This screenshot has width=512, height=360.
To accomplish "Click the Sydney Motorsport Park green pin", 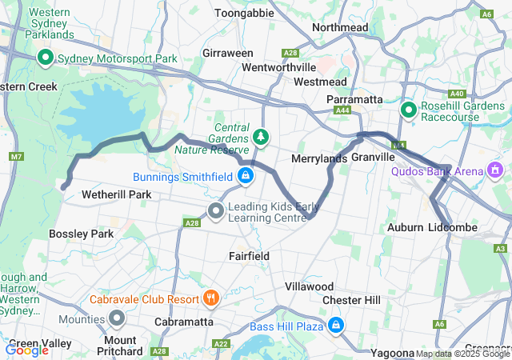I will pos(46,58).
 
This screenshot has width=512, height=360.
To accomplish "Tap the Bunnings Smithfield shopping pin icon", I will pos(246,175).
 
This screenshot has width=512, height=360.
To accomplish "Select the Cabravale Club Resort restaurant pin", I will pos(211,298).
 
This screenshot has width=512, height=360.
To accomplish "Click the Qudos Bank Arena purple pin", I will pos(495,170).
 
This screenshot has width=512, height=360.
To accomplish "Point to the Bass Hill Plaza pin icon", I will pos(336,325).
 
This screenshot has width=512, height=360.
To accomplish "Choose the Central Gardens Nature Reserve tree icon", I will pos(261,137).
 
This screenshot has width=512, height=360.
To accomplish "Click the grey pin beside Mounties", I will pos(118,319).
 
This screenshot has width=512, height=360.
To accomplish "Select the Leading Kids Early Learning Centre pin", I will pos(215,211).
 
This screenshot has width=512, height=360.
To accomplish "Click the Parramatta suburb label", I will pos(354,99).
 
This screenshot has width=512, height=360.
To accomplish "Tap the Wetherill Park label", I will pos(95,194).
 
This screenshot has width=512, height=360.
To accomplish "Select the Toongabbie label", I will pos(245,14).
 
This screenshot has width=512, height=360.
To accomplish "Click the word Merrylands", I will pos(318,158).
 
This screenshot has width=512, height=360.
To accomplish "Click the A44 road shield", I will pos(343,110).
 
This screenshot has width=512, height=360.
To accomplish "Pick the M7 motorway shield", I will pos(17,156).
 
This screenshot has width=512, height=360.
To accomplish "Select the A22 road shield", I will pos(221,344).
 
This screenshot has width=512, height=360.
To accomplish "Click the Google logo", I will pos(26,350).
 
